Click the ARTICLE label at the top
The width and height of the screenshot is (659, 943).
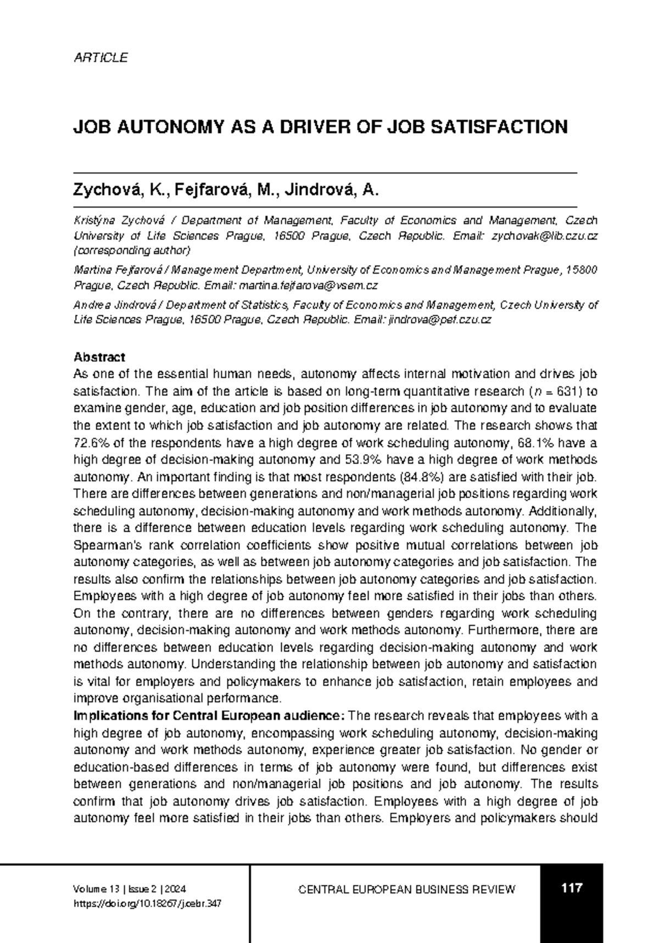100,58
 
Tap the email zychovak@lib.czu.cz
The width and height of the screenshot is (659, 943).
544,236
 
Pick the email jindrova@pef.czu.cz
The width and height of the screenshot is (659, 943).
439,320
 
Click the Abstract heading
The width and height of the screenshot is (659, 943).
99,358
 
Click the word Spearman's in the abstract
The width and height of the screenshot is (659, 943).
104,545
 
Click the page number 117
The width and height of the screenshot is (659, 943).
571,888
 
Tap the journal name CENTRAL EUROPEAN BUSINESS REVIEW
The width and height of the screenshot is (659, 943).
406,890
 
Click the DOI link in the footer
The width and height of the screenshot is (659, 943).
147,903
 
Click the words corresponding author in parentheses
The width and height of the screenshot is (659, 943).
132,251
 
